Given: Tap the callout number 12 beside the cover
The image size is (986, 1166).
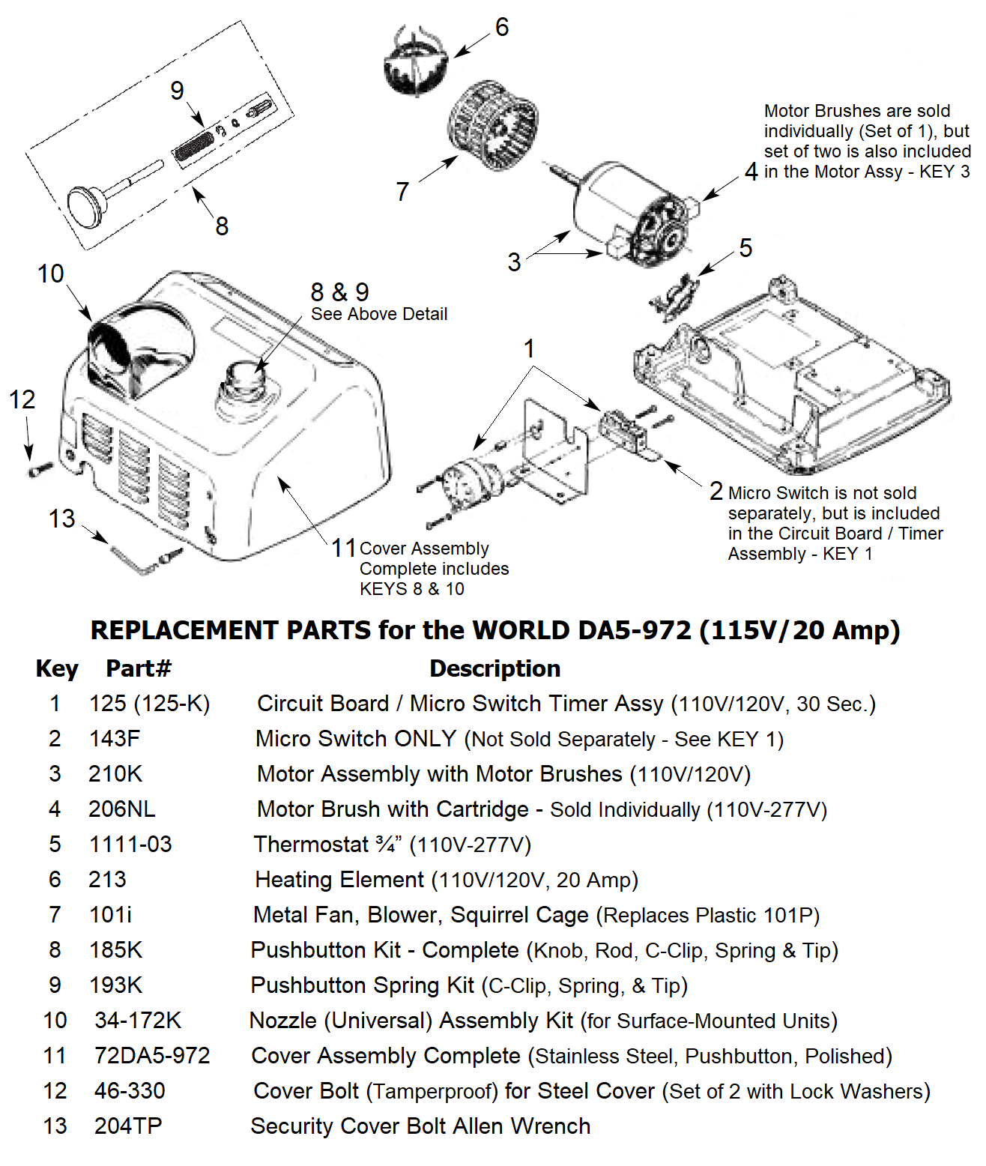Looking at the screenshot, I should pos(22,399).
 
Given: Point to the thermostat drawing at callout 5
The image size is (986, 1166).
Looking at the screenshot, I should pos(674,297).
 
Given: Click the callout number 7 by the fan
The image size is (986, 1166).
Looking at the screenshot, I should pos(402,192).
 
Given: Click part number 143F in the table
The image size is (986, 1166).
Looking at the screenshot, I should pos(115,739).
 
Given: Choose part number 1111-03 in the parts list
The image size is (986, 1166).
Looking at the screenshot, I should pos(130,845).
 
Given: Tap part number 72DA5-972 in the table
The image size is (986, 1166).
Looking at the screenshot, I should pos(152,1056).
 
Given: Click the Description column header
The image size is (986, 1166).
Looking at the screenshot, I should pos(494,668).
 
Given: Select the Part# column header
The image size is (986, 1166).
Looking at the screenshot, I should pos(139,668).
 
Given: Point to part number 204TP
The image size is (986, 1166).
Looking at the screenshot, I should pos(128,1126).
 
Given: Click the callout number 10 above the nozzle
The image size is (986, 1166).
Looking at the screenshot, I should pos(51,274).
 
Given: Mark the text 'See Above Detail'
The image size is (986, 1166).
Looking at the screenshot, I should pos(379,314).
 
